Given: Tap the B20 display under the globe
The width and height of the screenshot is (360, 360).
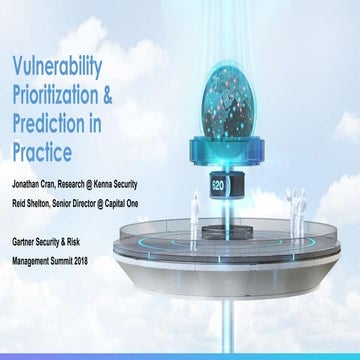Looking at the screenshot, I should (218, 185).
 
